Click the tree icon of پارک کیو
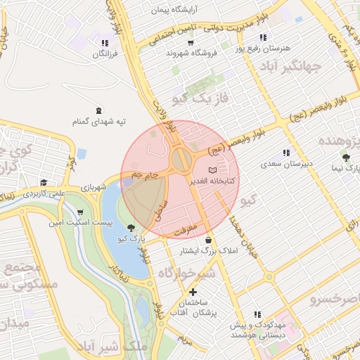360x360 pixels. coord(132,227)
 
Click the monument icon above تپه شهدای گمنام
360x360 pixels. coord(98,109)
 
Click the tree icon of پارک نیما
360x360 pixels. coord(346,157)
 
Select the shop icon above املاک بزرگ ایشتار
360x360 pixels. coord(209,240)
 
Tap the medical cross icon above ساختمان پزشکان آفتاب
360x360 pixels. coord(192,292)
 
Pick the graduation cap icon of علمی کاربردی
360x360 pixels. coord(44,182)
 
